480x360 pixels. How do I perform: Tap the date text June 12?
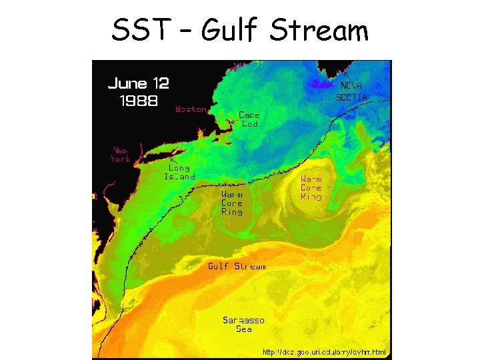tap(138, 84)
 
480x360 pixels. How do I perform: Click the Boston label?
tap(191, 109)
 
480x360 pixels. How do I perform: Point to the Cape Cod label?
tap(249, 119)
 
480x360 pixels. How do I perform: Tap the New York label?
tap(121, 155)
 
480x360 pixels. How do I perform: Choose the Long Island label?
tap(179, 173)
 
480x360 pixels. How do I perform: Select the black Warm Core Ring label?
tap(232, 203)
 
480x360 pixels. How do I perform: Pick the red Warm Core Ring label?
tap(311, 188)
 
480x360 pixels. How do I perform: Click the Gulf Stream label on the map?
tap(237, 266)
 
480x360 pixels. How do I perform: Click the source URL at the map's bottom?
tap(324, 352)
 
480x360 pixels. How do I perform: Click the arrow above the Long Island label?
tap(173, 160)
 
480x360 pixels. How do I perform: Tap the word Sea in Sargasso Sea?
tap(243, 329)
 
